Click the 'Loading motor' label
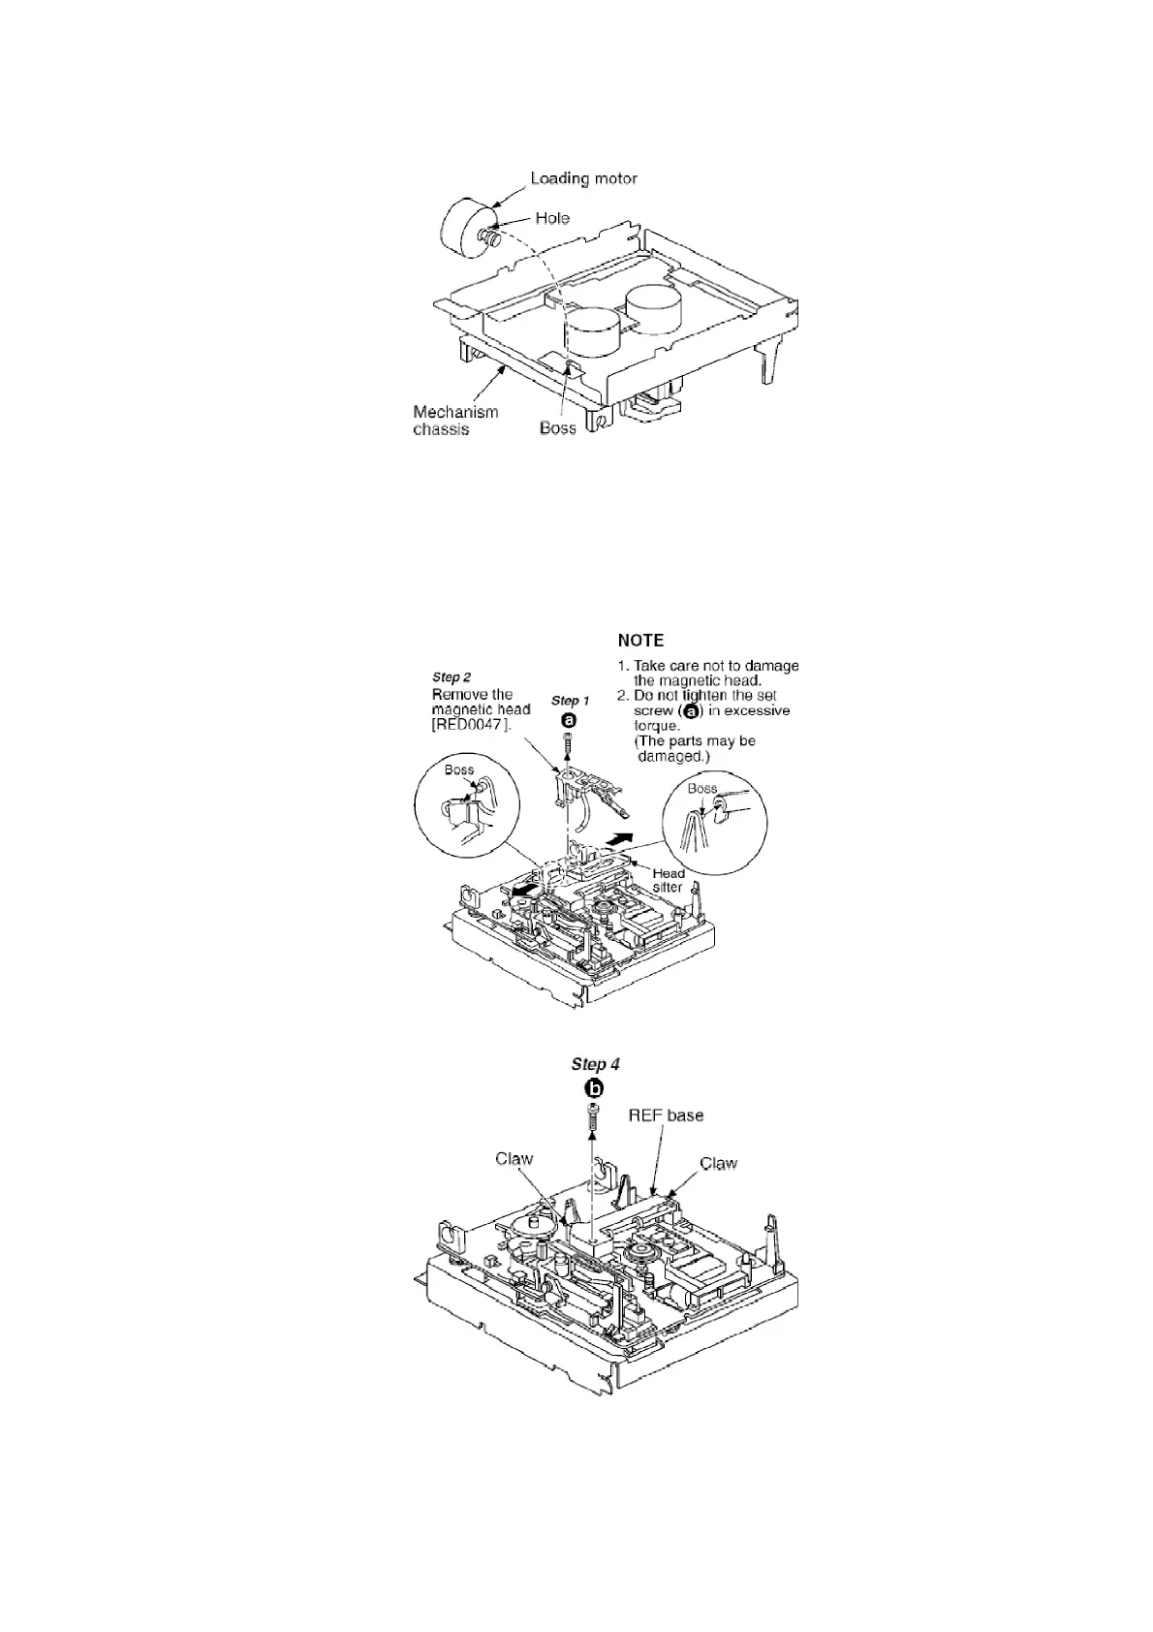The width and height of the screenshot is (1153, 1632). (x=583, y=178)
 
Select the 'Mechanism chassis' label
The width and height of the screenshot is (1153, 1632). (x=455, y=421)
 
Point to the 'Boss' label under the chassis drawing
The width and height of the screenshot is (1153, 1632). (x=557, y=428)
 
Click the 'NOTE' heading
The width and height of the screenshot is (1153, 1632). (x=640, y=641)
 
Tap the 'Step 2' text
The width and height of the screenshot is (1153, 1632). (x=452, y=677)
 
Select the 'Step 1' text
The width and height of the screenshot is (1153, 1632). (x=570, y=701)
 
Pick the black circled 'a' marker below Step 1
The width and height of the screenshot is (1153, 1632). (x=569, y=720)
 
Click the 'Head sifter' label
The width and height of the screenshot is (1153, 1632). (x=669, y=880)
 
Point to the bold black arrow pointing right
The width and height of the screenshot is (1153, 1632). (x=620, y=837)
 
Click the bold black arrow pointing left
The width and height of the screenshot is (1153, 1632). (x=525, y=890)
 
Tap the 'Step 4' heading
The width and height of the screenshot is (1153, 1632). (x=595, y=1064)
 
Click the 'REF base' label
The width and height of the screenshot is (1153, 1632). (x=666, y=1115)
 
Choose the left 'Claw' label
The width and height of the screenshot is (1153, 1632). (x=514, y=1159)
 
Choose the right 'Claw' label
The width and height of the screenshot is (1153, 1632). (x=718, y=1163)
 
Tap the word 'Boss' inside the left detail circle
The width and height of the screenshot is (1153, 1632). (x=458, y=770)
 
